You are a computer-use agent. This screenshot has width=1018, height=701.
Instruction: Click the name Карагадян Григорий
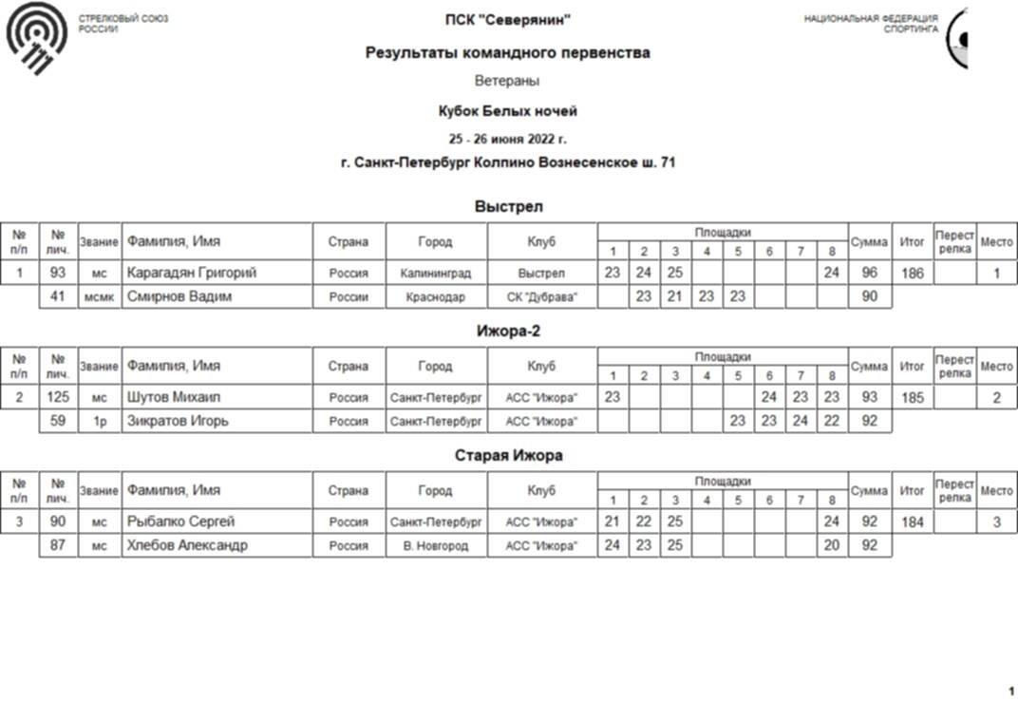(x=192, y=274)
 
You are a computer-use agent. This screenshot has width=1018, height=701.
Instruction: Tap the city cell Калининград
(x=436, y=274)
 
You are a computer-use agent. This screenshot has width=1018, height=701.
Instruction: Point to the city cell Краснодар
(x=436, y=296)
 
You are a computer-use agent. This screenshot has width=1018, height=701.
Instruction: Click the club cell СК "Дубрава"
(x=542, y=296)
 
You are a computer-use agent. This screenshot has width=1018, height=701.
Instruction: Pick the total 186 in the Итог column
(x=912, y=274)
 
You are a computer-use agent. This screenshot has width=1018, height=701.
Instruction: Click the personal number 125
(x=58, y=398)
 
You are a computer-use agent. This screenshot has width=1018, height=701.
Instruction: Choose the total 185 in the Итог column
(x=912, y=398)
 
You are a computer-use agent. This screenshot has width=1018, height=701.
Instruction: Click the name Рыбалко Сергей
(x=180, y=522)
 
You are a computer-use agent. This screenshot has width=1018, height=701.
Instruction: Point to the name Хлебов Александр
(x=187, y=545)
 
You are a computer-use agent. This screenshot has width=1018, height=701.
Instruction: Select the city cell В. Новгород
(x=436, y=545)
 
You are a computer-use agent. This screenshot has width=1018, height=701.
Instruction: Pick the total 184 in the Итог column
(x=912, y=522)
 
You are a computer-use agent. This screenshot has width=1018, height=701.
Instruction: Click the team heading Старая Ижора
(x=508, y=456)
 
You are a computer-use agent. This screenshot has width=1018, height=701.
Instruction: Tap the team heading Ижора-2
(x=508, y=332)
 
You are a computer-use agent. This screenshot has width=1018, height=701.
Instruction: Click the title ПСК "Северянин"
(x=508, y=20)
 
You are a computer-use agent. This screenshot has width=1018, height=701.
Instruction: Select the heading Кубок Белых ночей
(x=508, y=111)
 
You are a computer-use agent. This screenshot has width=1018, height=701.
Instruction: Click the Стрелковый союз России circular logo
(x=37, y=38)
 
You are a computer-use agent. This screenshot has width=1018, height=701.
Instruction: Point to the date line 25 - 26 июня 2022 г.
(x=508, y=138)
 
